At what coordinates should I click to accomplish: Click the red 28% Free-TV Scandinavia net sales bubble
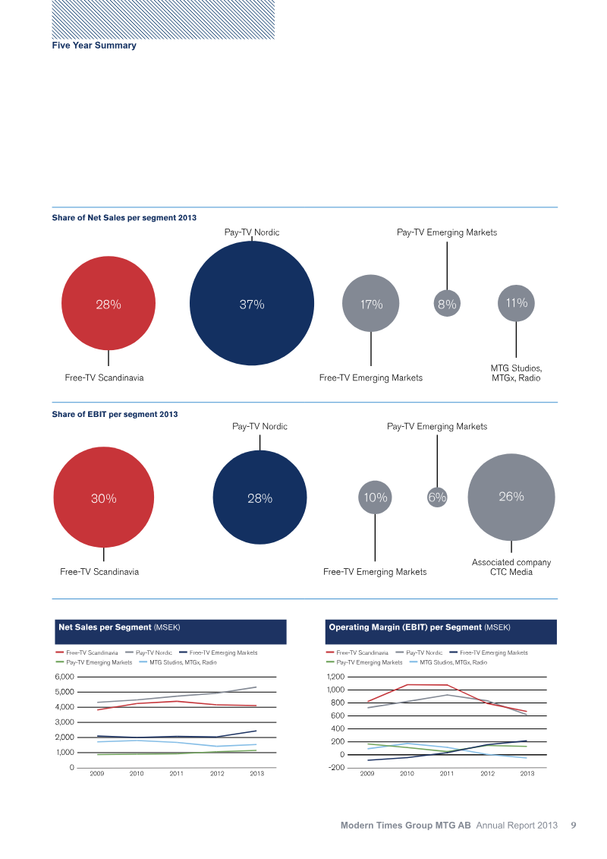109,303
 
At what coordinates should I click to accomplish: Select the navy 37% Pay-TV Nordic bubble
252,303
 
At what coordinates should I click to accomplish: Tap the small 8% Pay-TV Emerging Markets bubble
447,304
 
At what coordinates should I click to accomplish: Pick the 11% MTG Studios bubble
516,303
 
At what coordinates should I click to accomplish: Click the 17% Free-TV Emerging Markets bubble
370,303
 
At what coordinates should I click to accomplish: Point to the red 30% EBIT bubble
103,497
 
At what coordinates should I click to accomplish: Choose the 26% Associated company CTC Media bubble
511,497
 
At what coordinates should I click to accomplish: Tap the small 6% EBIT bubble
437,497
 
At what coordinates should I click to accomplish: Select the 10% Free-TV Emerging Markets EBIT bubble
375,497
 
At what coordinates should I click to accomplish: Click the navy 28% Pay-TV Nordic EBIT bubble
259,497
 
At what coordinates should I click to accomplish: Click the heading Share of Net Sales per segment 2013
124,217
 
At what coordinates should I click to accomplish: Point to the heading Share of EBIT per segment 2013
115,414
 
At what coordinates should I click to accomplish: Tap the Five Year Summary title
94,46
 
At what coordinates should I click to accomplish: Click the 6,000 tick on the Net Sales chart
64,677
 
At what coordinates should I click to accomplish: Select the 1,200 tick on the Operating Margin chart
335,677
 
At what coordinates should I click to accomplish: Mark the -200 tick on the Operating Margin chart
337,768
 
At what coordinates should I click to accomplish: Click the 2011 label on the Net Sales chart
176,773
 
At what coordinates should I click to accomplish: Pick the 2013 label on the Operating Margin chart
527,773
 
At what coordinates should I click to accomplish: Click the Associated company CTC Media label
511,567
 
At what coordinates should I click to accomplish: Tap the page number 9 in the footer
574,825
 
